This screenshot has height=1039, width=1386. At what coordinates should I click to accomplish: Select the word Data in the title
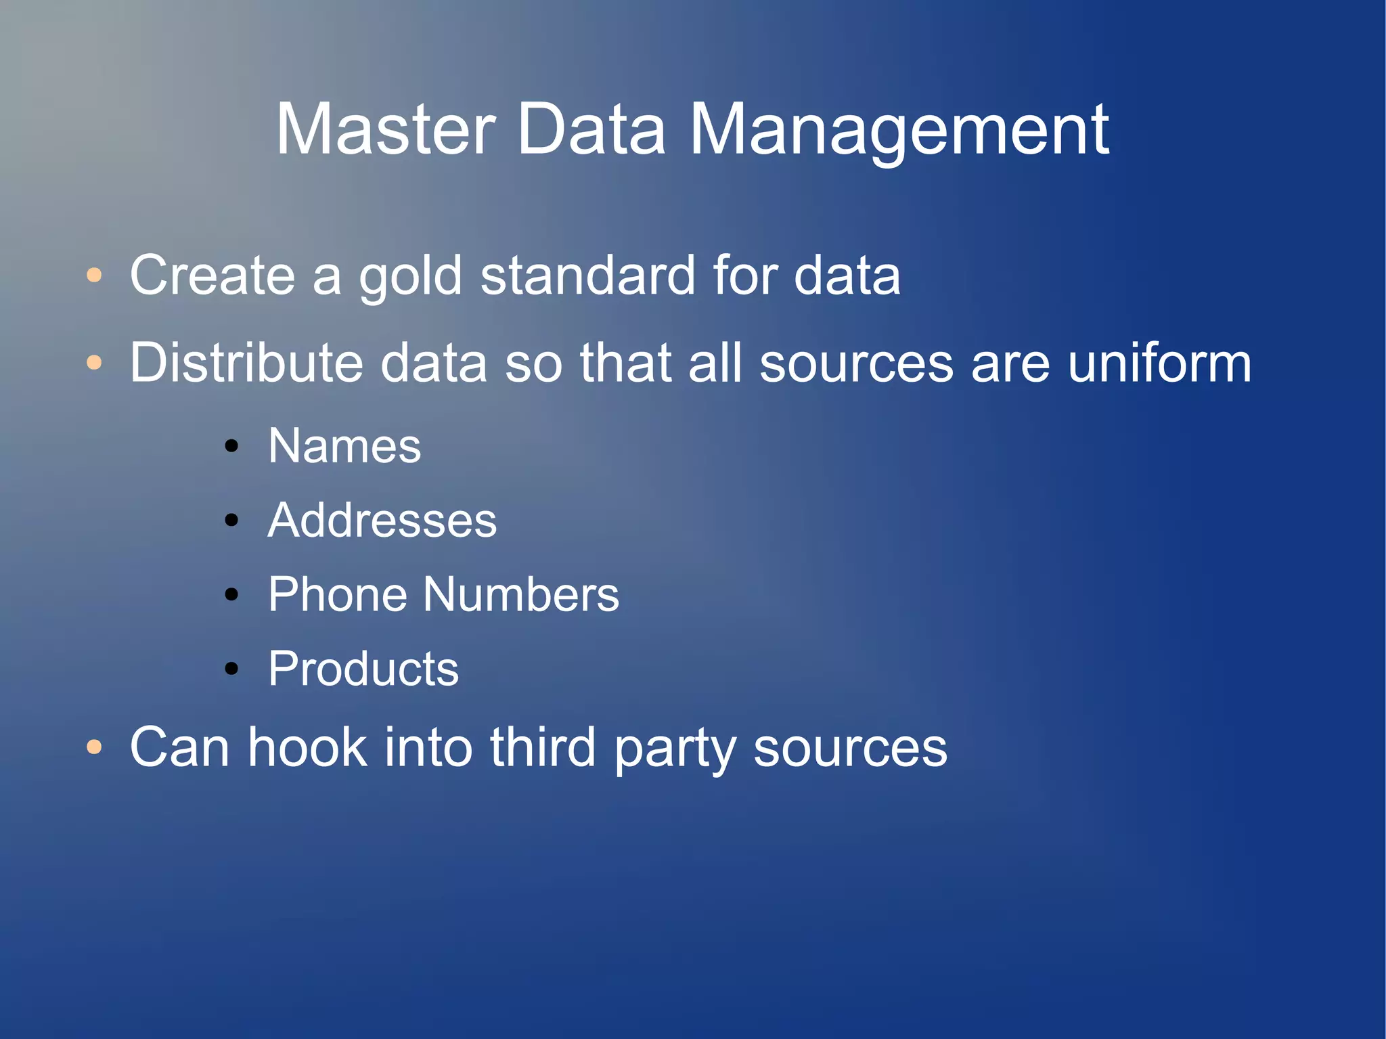point(591,129)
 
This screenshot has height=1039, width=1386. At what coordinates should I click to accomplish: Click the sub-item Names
point(344,446)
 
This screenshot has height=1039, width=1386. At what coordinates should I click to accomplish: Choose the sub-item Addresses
point(382,521)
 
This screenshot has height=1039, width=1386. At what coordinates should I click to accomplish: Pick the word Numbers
point(521,594)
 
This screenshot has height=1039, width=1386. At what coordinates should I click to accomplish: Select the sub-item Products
point(363,669)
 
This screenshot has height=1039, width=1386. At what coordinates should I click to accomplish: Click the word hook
point(307,747)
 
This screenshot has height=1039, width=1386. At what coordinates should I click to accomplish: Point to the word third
point(542,747)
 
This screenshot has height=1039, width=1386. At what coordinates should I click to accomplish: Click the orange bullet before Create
point(95,275)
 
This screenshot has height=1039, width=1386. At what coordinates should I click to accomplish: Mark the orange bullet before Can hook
point(95,748)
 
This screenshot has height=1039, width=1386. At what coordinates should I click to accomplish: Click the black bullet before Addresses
point(232,521)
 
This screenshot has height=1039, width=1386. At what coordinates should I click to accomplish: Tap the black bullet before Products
point(232,669)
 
